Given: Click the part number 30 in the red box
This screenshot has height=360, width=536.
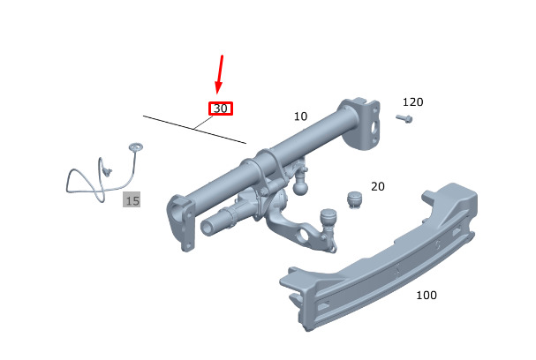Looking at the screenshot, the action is coord(221,109).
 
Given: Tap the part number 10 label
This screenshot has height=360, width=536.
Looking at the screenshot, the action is coord(300,116).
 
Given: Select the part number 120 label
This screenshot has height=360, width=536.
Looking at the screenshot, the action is coord(412,102).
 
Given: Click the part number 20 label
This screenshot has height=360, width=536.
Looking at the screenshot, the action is coord(378,186).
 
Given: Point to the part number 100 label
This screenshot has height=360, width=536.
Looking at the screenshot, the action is coord(427,295).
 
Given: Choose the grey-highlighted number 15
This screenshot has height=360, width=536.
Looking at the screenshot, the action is coord(132,199).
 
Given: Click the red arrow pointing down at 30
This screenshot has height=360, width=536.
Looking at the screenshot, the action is coord(220,74).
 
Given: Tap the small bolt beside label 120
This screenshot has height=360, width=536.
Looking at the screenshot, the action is coord(404,119).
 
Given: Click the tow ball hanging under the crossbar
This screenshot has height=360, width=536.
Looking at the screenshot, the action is coord(300,186).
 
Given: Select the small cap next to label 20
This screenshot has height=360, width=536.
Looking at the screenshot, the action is coord(354,199).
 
